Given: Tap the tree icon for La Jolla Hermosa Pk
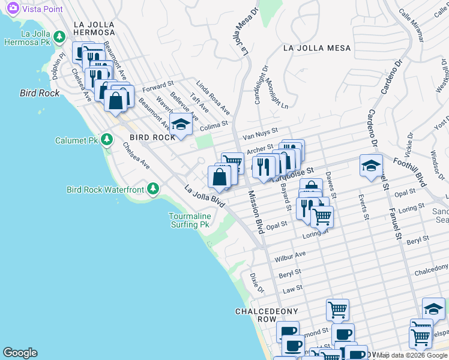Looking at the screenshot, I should tap(59, 37).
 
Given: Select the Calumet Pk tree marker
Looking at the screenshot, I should tap(107, 140).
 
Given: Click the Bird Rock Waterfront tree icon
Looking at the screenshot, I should tap(153, 190).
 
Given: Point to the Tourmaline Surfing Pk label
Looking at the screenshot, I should tap(188, 220).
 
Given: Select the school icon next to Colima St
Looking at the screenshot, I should tap(179, 125).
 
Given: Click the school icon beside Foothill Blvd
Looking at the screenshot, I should tap(371, 166).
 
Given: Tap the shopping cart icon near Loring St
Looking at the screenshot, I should tap(322, 217).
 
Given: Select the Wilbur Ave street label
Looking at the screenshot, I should tap(290, 257).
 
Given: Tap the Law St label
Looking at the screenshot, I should tap(292, 290).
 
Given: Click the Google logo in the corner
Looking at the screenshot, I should tap(20, 353).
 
